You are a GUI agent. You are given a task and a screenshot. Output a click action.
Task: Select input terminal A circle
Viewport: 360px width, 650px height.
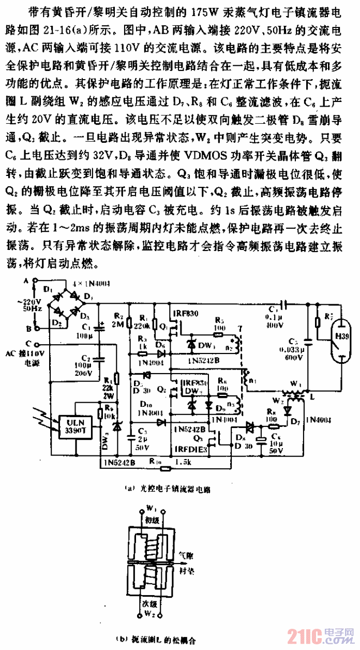[x=35, y=282]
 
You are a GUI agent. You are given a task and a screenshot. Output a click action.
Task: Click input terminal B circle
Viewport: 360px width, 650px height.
[x=35, y=328]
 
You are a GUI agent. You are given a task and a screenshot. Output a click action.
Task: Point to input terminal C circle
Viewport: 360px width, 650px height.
[x=35, y=343]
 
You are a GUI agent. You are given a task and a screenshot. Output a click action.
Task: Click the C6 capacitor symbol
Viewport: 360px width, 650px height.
[x=265, y=437]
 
